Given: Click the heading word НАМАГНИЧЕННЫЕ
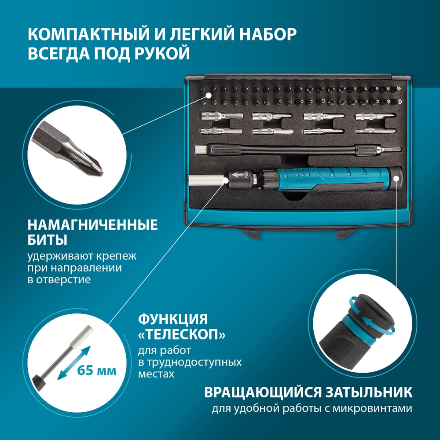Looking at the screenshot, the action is pos(92,225).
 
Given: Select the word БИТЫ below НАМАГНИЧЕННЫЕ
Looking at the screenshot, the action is pos(48,240).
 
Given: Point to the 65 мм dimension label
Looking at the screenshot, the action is pos(96,370).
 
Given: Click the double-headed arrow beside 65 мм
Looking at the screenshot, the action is pos(74,363).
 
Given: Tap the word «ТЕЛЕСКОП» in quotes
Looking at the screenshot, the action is pos(182,334).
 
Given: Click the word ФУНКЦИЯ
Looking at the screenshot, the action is pos(173,319).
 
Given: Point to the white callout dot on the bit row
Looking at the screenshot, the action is pos(208,95).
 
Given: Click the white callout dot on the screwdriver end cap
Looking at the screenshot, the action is pos(396,178).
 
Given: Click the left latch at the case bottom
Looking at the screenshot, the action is pos(249,233).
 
